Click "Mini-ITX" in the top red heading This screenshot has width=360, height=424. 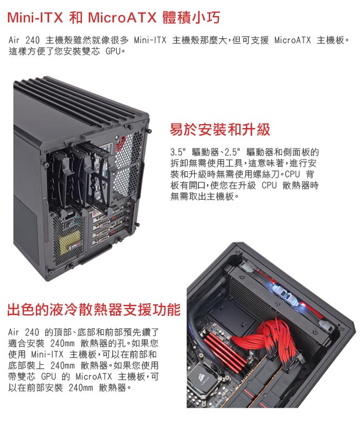pos(35,18)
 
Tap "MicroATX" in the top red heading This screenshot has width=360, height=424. pos(123,18)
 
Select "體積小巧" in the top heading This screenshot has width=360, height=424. pos(191,18)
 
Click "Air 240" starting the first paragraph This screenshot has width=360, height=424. pos(24,40)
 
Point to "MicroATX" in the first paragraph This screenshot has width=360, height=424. pos(292,40)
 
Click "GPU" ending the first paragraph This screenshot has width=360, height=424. pos(113,51)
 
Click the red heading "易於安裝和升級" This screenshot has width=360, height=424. pos(220,129)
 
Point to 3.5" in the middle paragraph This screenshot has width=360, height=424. pos(178,152)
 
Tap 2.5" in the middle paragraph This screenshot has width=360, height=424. pos(233,152)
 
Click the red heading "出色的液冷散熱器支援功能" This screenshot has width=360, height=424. pos(94,310)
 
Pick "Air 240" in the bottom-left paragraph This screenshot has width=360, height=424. pos(23,332)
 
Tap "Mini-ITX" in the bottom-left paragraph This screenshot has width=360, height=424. pos(47,354)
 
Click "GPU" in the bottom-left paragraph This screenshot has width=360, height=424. pos(49,376)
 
